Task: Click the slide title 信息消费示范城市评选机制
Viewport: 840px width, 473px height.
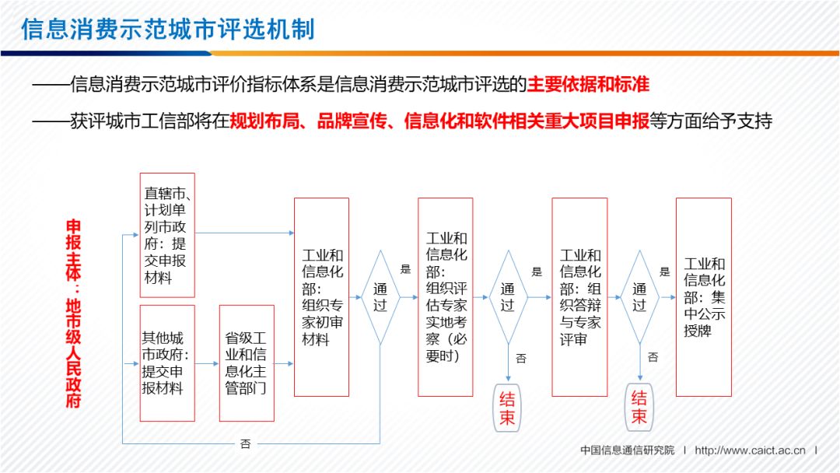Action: click(x=168, y=29)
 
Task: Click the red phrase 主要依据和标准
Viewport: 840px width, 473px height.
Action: click(x=588, y=84)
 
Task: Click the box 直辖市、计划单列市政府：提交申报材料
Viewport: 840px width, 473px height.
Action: click(x=166, y=235)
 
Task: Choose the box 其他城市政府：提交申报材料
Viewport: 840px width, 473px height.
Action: click(x=166, y=363)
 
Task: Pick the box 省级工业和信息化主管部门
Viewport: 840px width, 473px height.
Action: click(x=246, y=363)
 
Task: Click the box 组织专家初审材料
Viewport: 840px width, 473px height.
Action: click(x=321, y=297)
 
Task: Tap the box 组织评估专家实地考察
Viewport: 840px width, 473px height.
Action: click(x=446, y=297)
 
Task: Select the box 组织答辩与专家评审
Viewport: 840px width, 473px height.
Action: click(x=579, y=297)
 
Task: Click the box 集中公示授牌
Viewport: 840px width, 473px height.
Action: click(x=704, y=297)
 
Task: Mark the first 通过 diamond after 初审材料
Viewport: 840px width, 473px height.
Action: click(x=380, y=297)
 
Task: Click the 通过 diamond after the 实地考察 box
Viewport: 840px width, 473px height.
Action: click(x=507, y=297)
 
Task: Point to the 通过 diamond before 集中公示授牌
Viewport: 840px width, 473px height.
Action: click(x=639, y=297)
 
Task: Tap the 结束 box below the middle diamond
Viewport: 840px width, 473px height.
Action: click(x=507, y=409)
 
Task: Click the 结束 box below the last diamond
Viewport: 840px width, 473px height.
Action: click(x=639, y=408)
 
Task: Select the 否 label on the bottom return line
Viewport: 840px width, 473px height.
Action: click(x=245, y=444)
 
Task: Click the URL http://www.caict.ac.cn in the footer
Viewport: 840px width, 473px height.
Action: click(x=750, y=450)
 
